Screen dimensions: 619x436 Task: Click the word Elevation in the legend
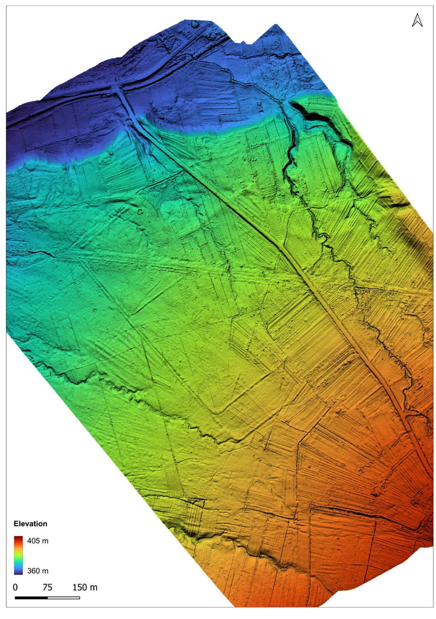[x=30, y=524]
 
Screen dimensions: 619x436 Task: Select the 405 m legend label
[x=38, y=541]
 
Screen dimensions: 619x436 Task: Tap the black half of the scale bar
[x=31, y=596]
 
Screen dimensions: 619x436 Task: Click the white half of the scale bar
[x=63, y=596]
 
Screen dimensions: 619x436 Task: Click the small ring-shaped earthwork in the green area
[x=140, y=212]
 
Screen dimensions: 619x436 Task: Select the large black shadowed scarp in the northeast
[x=310, y=114]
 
